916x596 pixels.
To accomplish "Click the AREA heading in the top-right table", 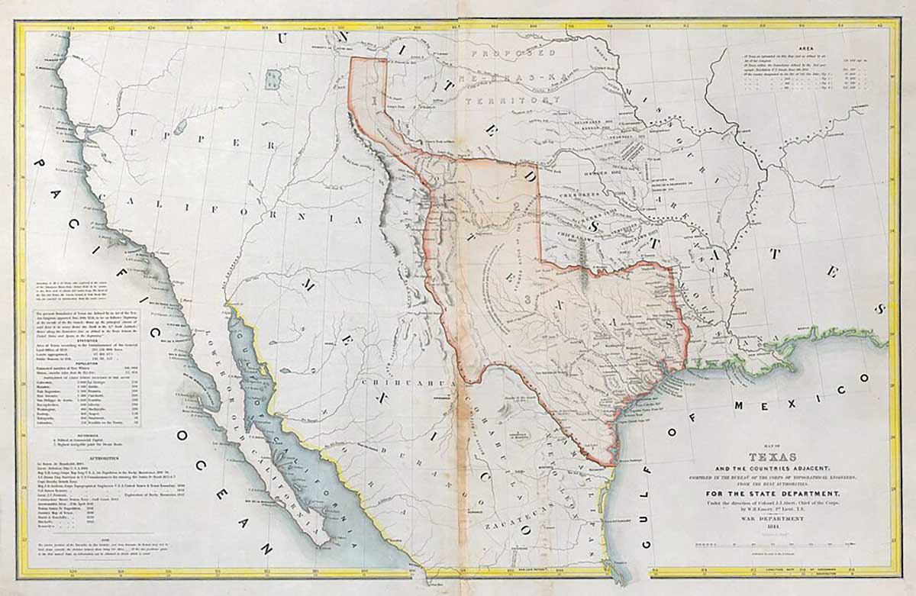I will (810, 46).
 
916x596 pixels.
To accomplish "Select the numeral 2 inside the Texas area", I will (516, 206).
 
